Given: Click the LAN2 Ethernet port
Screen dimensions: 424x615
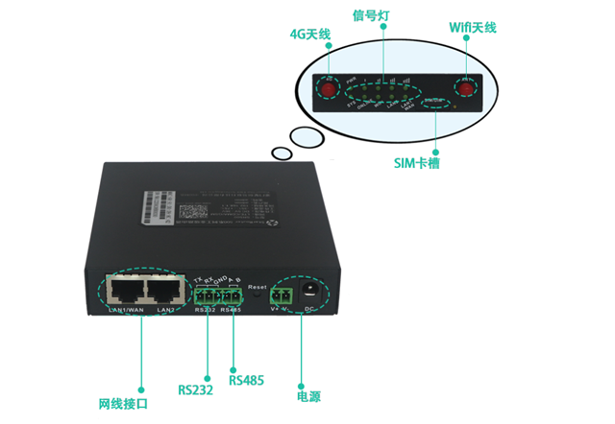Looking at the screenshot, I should point(164,289).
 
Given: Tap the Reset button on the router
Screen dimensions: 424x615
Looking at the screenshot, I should point(258,297).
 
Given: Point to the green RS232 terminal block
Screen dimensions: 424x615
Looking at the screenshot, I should point(206,294).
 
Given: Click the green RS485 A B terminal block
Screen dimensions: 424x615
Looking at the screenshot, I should point(230,294).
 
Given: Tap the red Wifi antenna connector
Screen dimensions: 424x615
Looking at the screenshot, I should point(467,88).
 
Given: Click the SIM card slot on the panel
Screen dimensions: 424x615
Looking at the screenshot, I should point(436,101).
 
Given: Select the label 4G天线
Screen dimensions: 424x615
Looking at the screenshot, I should point(309,35).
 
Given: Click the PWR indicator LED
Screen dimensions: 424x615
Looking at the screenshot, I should point(354,92).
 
